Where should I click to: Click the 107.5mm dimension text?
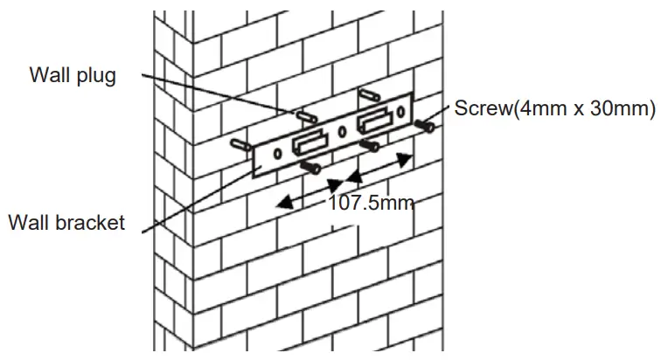pos(369,204)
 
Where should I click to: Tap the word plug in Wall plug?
pos(94,76)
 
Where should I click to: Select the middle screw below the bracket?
pos(371,144)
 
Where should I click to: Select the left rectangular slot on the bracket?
pos(308,142)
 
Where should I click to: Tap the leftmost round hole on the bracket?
pos(277,154)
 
